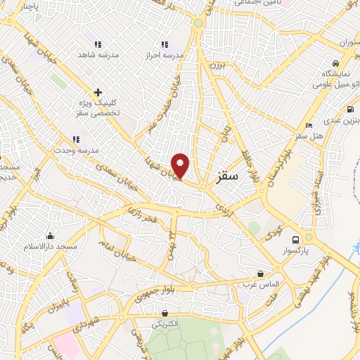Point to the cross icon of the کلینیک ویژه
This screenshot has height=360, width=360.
coord(98,92)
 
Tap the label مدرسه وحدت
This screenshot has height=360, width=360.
coord(76,150)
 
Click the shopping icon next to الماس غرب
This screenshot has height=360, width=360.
coord(261,274)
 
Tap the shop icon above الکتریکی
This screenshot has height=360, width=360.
coord(165,313)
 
